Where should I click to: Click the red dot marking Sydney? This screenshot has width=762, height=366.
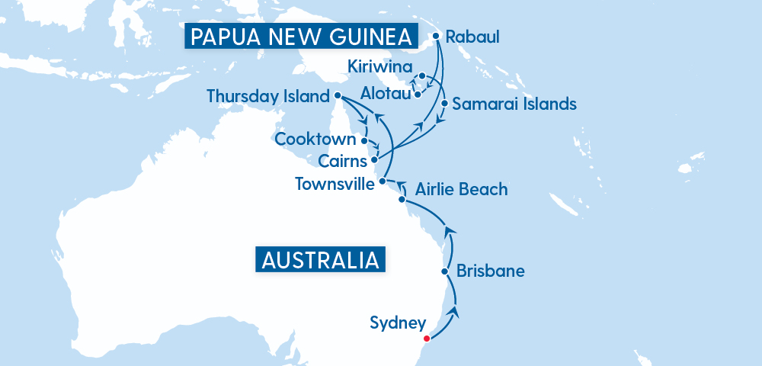point(427,339)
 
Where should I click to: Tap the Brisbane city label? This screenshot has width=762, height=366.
point(490,271)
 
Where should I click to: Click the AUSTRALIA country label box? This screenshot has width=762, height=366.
point(320,259)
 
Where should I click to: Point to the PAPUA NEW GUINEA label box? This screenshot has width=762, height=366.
point(302,37)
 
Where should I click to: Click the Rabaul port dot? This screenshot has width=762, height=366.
point(436,35)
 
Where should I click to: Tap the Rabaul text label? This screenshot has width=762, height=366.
point(472,37)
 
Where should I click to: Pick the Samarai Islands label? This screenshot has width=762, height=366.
point(514,104)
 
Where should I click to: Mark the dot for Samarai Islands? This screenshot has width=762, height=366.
point(444,103)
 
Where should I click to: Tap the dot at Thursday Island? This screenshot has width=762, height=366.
point(337,96)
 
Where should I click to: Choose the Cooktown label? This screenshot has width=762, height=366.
point(315,140)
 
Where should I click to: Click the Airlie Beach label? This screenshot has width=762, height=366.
point(461,189)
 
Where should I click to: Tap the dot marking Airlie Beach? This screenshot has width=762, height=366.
point(402,200)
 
